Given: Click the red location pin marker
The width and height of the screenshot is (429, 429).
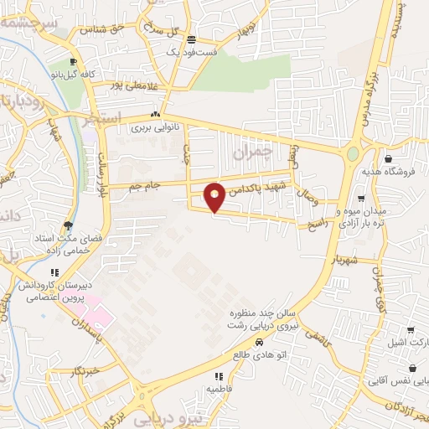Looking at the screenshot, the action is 215,197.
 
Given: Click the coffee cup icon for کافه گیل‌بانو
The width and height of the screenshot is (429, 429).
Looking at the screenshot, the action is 74,62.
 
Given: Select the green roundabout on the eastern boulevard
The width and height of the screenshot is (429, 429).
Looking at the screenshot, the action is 353,154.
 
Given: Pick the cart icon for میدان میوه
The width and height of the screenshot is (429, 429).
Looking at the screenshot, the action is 361,199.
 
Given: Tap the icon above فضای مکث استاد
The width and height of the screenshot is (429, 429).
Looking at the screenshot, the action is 68,225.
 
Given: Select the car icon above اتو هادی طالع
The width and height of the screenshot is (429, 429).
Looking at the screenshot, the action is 259,342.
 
